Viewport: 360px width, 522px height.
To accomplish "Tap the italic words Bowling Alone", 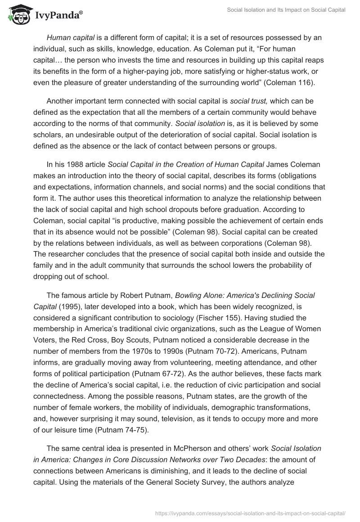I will click(198, 295).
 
